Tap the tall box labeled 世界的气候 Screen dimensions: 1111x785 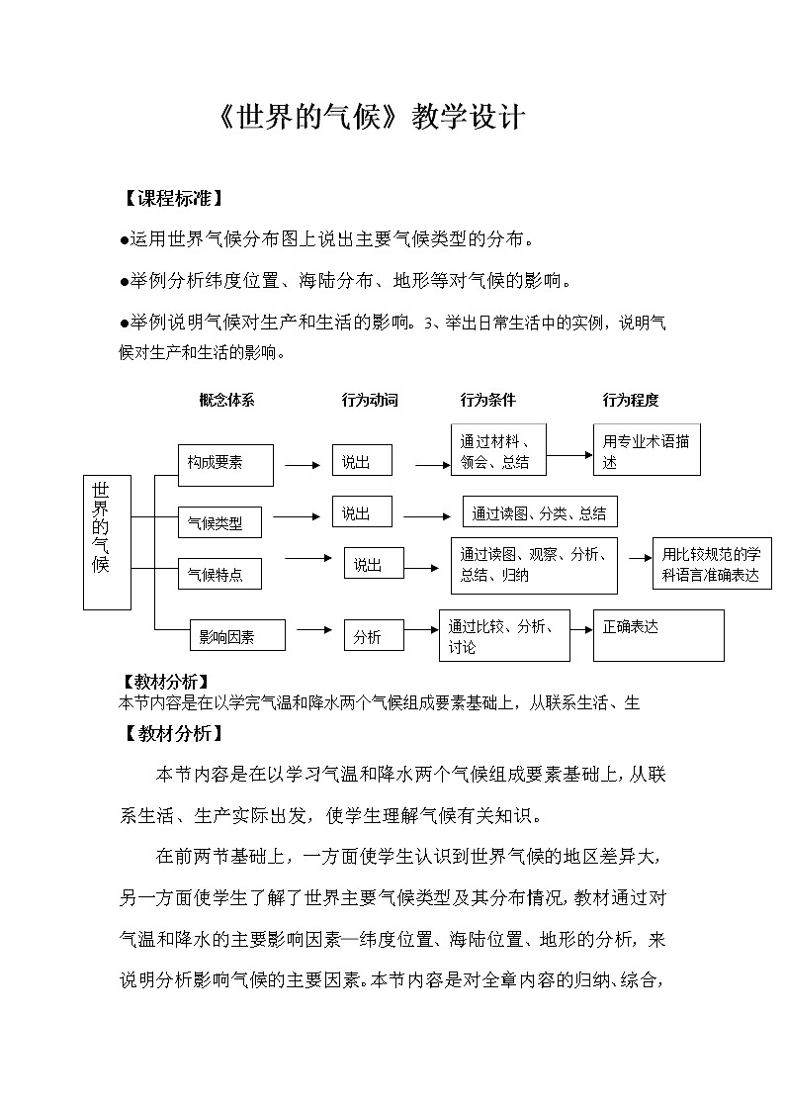click(107, 541)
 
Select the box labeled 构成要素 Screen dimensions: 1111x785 click(225, 463)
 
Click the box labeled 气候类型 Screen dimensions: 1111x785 click(224, 521)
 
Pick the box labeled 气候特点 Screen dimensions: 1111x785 click(223, 574)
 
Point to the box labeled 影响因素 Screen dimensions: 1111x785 click(237, 636)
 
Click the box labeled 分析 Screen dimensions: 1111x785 click(374, 636)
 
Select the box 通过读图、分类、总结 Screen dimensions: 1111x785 click(540, 512)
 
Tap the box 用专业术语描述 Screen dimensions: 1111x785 click(647, 451)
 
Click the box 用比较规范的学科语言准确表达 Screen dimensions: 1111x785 click(712, 565)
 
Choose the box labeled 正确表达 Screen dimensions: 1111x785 click(657, 634)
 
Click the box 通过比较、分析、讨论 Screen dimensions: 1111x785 click(504, 635)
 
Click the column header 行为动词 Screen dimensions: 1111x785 click(370, 401)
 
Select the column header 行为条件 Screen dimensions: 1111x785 click(488, 401)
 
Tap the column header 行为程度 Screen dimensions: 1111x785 click(631, 401)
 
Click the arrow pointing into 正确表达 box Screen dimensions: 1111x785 click(581, 628)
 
